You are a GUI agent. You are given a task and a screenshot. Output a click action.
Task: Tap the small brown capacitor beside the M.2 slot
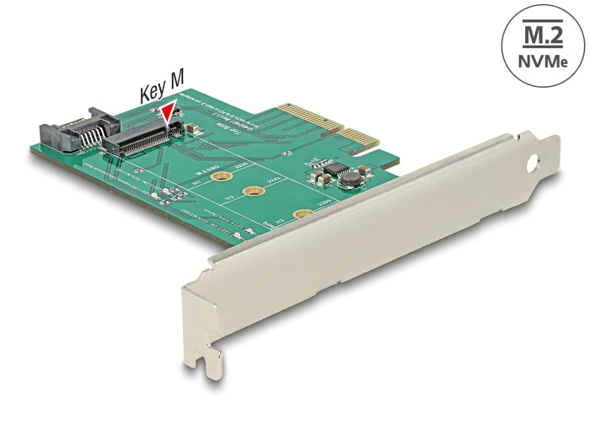click(x=193, y=132)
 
